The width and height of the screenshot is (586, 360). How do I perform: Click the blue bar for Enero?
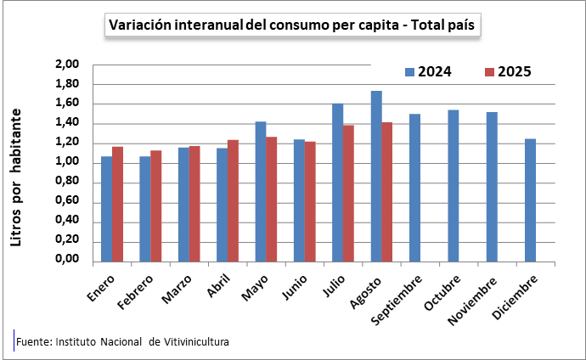tap(106, 209)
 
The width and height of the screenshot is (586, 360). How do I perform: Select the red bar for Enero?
tap(117, 204)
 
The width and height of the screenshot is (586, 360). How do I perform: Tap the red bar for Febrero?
tap(156, 206)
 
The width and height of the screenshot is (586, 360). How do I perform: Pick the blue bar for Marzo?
tap(183, 205)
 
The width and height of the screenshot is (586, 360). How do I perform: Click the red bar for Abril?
tap(233, 200)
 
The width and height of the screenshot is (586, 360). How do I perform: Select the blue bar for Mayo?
tap(261, 192)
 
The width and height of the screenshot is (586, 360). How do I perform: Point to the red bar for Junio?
tap(310, 201)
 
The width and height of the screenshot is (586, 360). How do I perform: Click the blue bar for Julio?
tap(337, 183)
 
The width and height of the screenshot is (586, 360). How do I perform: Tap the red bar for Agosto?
tap(387, 192)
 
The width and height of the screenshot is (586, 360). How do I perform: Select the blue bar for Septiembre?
tap(414, 188)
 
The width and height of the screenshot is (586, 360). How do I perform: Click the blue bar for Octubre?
tap(454, 186)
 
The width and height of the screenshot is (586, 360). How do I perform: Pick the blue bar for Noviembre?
tap(492, 187)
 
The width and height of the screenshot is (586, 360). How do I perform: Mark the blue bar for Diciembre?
tap(530, 200)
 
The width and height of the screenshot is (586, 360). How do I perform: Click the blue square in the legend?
tap(409, 72)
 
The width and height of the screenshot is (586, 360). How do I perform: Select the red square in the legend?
tap(489, 72)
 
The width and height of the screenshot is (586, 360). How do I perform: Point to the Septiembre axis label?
tap(397, 300)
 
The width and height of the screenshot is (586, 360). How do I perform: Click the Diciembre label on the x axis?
tap(515, 298)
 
